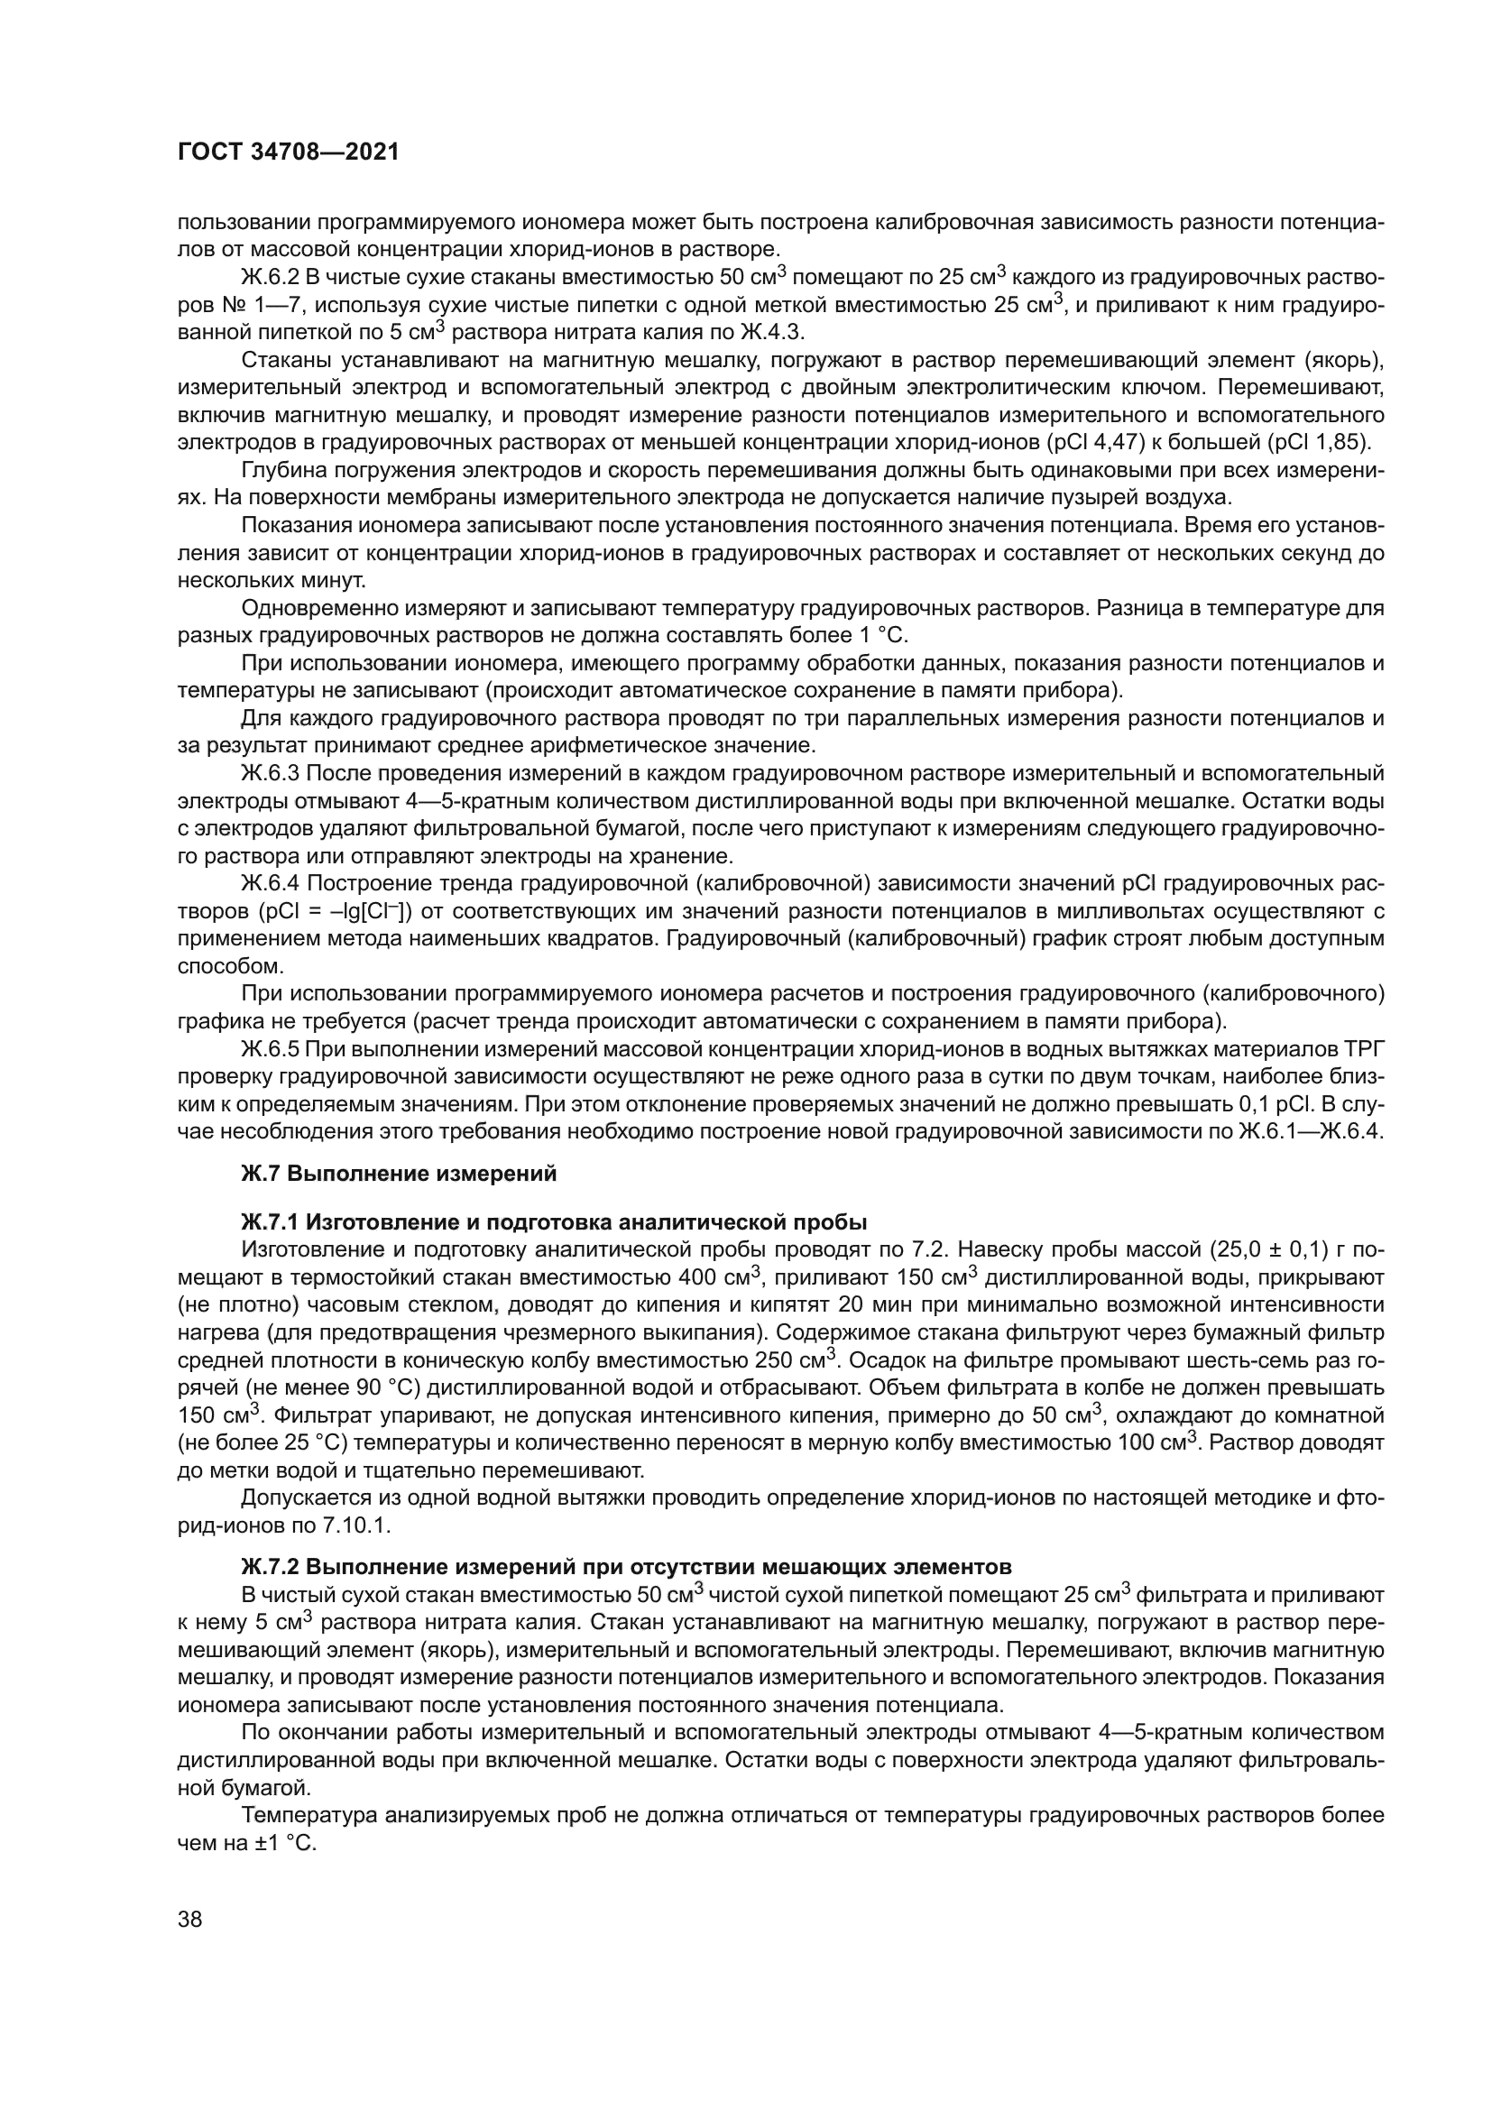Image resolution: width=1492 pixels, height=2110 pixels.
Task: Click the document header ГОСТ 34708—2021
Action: click(289, 152)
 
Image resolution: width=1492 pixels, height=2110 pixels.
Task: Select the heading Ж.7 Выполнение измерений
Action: click(399, 1174)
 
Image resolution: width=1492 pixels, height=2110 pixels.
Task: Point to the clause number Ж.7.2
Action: click(270, 1565)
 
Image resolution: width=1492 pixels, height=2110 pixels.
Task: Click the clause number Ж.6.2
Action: click(268, 277)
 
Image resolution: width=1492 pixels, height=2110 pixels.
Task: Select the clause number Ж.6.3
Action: click(268, 773)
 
